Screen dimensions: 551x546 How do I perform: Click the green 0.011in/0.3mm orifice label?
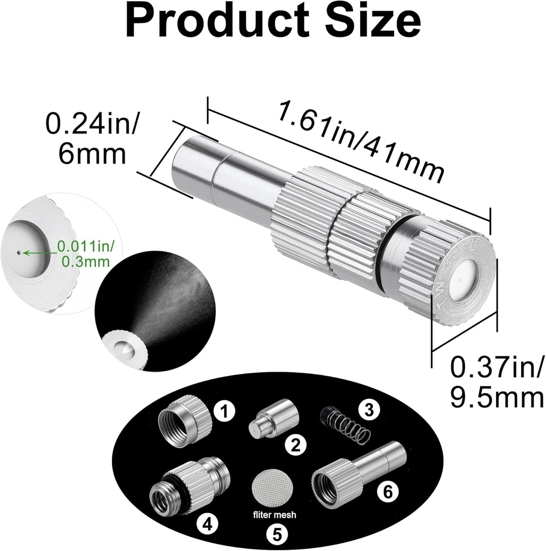click(x=85, y=253)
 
